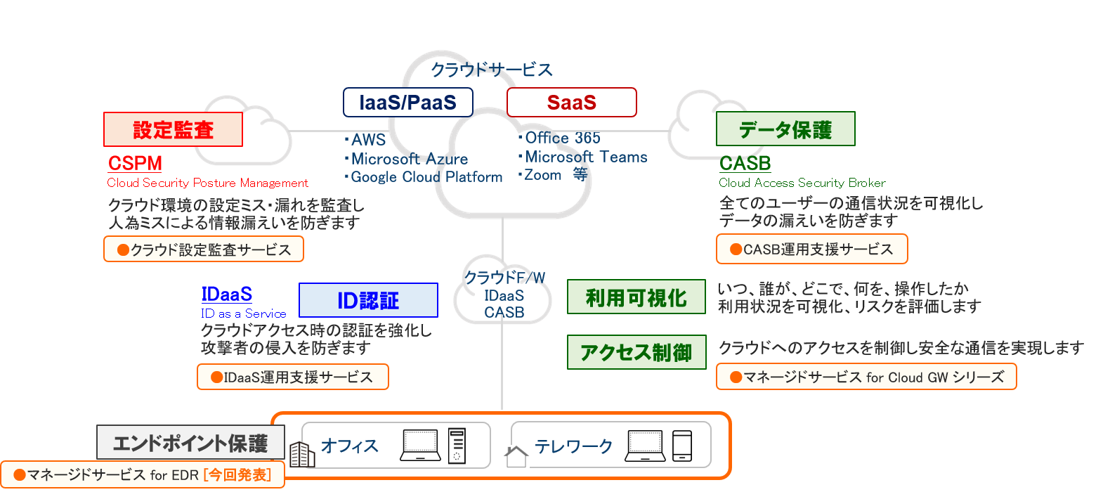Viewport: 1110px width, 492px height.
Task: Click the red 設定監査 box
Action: pyautogui.click(x=173, y=130)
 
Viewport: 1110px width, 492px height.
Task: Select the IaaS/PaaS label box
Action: pyautogui.click(x=407, y=103)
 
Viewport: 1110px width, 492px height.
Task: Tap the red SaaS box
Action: pyautogui.click(x=571, y=103)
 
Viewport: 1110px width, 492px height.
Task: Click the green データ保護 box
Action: pyautogui.click(x=785, y=129)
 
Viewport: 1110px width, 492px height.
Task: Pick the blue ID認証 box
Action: pyautogui.click(x=368, y=301)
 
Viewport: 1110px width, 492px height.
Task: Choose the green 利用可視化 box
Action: pyautogui.click(x=636, y=297)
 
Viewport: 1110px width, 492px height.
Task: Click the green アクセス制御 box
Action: pyautogui.click(x=636, y=352)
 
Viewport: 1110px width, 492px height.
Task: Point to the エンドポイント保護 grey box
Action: pyautogui.click(x=190, y=443)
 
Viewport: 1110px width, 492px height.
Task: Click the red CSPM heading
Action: pyautogui.click(x=135, y=163)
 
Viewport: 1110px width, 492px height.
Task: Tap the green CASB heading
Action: pyautogui.click(x=745, y=163)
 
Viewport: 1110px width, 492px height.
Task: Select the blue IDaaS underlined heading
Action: pyautogui.click(x=227, y=294)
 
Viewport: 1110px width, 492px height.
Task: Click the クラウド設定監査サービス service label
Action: pyautogui.click(x=204, y=250)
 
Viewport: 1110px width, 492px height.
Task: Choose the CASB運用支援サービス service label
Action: pyautogui.click(x=811, y=250)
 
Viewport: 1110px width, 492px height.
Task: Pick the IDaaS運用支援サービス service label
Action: pyautogui.click(x=293, y=377)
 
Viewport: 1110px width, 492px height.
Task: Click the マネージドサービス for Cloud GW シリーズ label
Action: pyautogui.click(x=866, y=377)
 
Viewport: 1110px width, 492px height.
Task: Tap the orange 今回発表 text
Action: pyautogui.click(x=237, y=475)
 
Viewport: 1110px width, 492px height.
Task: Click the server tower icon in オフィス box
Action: pyautogui.click(x=457, y=446)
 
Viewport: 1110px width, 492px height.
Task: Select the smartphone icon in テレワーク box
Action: pyautogui.click(x=681, y=446)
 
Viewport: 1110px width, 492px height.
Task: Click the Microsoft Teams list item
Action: pyautogui.click(x=585, y=157)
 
